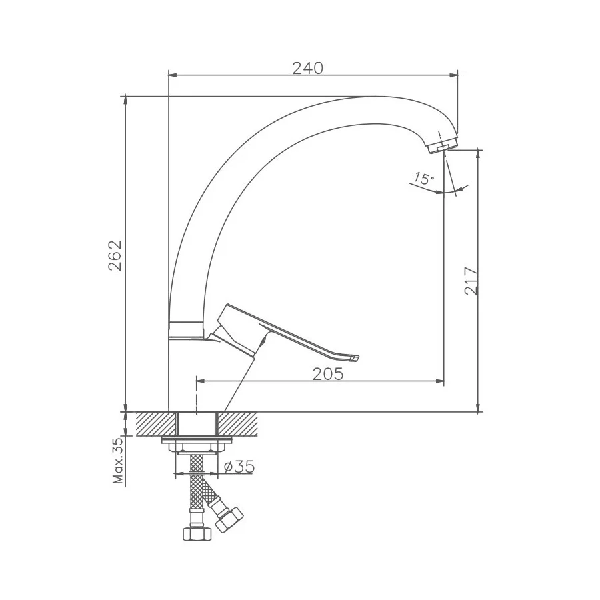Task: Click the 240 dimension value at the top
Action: point(307,68)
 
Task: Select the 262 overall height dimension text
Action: point(115,255)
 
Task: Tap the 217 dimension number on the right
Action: point(470,281)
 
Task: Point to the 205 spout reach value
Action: point(328,374)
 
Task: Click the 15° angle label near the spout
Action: point(423,178)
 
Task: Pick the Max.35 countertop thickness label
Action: point(118,461)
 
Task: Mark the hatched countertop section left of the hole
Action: point(156,424)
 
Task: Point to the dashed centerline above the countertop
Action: point(196,396)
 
